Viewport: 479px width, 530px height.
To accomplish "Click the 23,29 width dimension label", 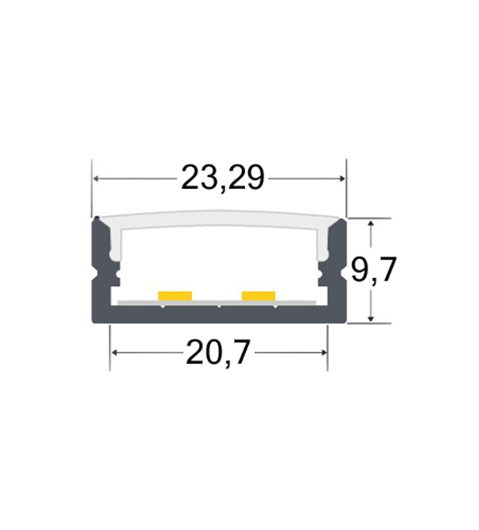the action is click(x=222, y=178).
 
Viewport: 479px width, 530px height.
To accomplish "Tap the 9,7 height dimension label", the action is click(x=373, y=270).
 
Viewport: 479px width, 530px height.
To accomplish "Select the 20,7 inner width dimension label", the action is click(x=218, y=352).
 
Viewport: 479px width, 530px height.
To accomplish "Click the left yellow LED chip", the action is click(x=175, y=296).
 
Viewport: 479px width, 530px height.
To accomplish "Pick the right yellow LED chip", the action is click(x=258, y=296).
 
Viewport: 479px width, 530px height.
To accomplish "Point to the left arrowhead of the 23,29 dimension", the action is click(x=96, y=179).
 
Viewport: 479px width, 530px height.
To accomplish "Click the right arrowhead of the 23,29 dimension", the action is click(x=341, y=179).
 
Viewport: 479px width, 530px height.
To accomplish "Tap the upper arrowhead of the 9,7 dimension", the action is click(x=371, y=224).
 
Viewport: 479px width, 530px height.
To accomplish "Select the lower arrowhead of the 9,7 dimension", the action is click(x=371, y=317).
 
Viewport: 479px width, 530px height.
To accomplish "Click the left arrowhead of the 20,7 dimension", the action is click(x=114, y=353).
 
